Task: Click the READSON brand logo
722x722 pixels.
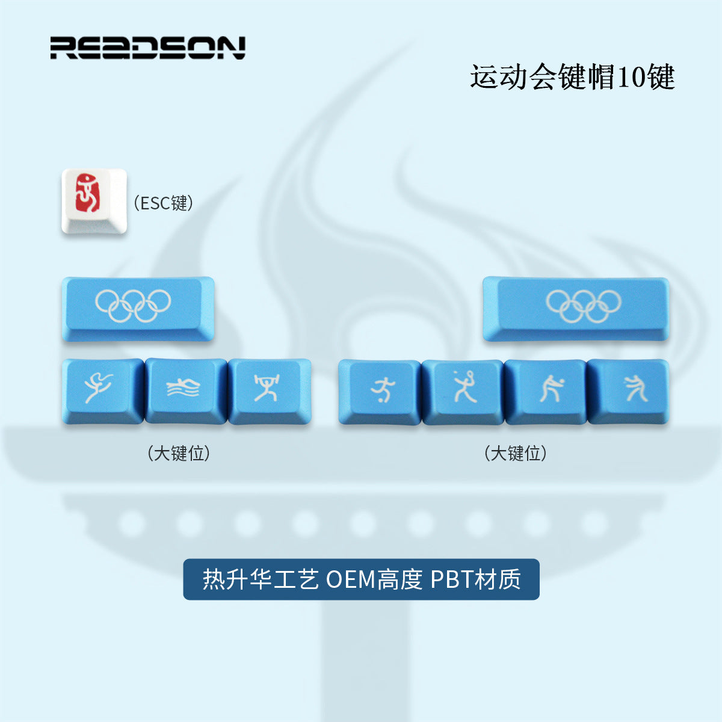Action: coord(147,48)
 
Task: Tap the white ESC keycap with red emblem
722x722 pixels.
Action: coord(94,202)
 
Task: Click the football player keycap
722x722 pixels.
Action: coord(379,391)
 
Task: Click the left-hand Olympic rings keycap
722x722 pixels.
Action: coord(138,308)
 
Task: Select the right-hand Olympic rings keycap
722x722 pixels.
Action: coord(576,308)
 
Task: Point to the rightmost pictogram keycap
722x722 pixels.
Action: coord(628,391)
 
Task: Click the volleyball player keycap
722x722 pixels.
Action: coord(545,391)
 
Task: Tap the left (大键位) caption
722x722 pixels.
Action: coord(179,453)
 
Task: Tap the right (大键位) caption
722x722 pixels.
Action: coord(516,453)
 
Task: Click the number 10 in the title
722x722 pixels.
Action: coord(629,77)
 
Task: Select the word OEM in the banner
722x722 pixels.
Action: coord(350,579)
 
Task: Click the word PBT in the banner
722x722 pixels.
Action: coord(451,579)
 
